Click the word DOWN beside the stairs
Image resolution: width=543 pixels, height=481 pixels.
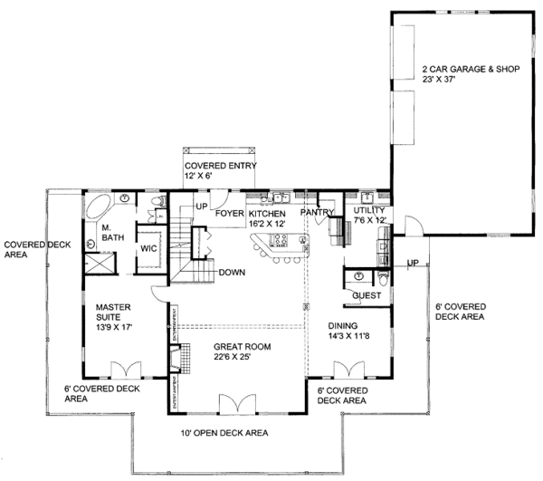[x=233, y=272]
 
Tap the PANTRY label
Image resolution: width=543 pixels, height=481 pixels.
[x=319, y=213]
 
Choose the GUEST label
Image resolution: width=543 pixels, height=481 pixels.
[x=367, y=295]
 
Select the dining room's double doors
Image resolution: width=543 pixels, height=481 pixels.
[x=348, y=370]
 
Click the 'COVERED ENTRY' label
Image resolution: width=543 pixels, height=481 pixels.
[x=222, y=166]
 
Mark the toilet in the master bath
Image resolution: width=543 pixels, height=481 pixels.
[x=156, y=201]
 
